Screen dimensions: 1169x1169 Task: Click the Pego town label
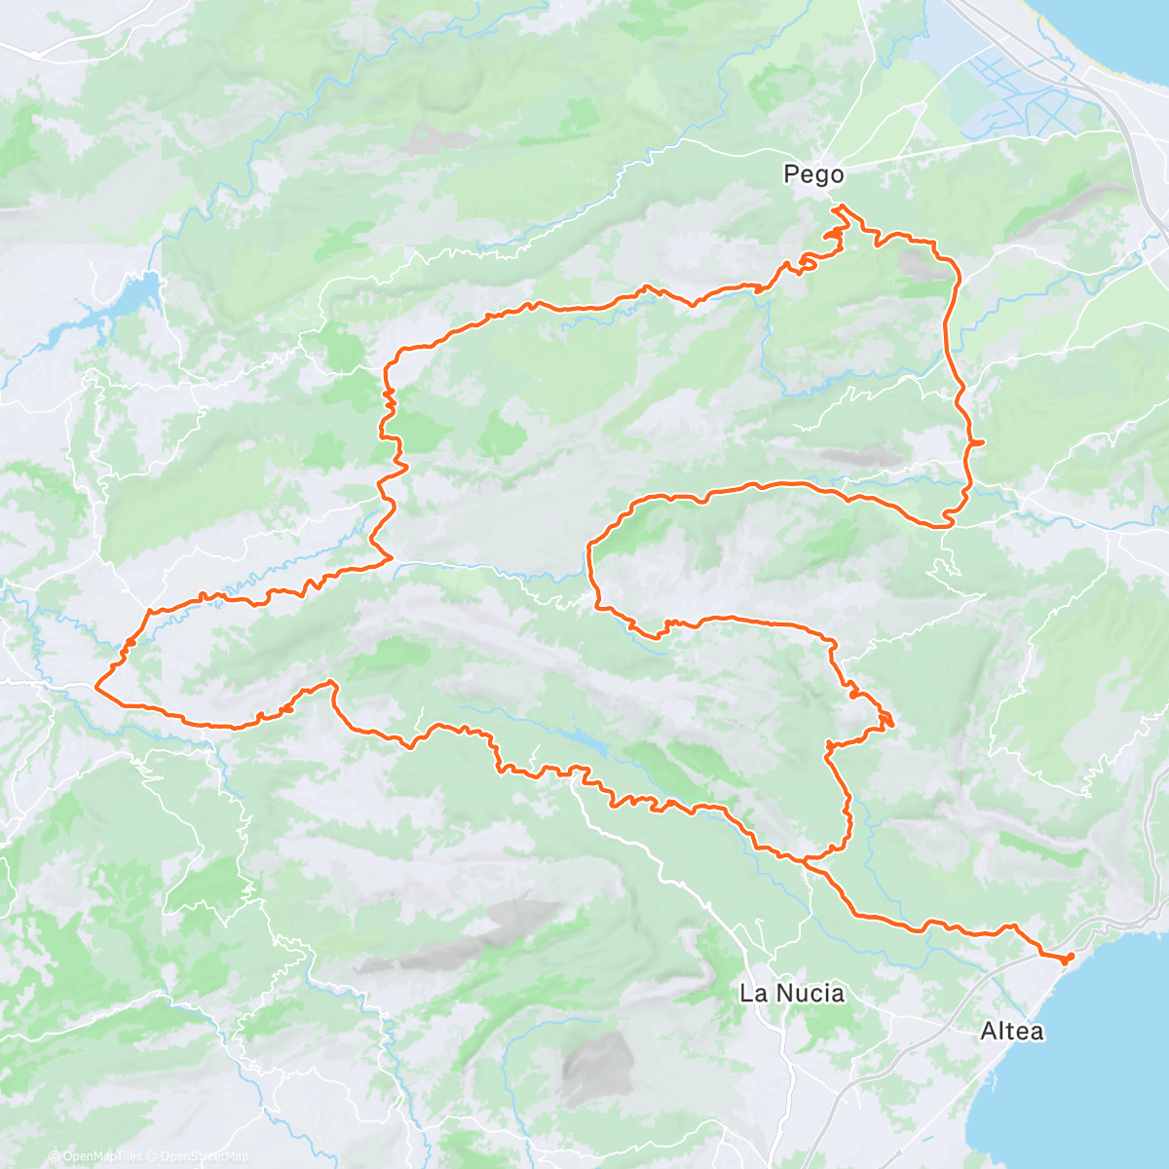[813, 175]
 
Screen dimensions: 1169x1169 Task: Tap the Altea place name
[1012, 1031]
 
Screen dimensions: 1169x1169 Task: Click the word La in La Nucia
[752, 994]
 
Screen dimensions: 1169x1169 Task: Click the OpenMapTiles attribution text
[103, 1156]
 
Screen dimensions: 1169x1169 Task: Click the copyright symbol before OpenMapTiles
[55, 1156]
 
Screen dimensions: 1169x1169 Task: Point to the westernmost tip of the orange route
[95, 688]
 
